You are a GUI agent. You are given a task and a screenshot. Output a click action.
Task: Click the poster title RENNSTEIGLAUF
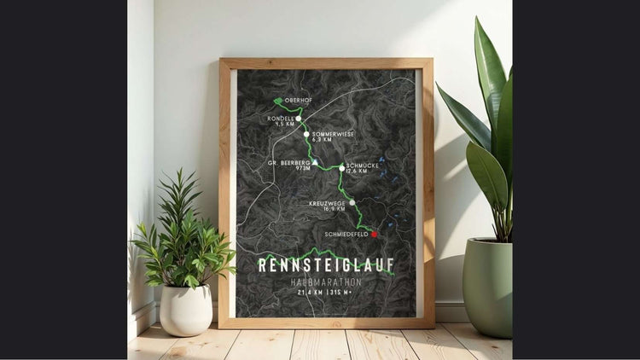(327, 265)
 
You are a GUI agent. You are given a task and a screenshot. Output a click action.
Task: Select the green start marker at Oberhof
(278, 101)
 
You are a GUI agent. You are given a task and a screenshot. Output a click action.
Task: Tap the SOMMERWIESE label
(333, 134)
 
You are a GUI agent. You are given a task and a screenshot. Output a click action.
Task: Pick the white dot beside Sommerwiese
(306, 134)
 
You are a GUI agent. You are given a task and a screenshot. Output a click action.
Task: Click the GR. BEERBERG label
(288, 162)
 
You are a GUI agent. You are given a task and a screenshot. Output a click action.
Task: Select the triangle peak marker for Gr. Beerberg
(315, 162)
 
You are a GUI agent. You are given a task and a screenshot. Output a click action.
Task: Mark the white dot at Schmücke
(341, 168)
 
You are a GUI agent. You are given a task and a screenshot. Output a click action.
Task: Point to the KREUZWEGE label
(328, 203)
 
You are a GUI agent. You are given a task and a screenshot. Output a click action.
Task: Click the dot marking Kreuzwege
(352, 203)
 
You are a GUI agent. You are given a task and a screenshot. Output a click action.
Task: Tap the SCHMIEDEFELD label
(346, 233)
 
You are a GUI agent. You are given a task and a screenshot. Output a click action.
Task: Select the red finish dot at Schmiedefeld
(374, 234)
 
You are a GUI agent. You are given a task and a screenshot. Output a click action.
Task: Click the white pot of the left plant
(186, 309)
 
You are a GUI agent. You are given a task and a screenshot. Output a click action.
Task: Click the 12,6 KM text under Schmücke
(357, 171)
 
